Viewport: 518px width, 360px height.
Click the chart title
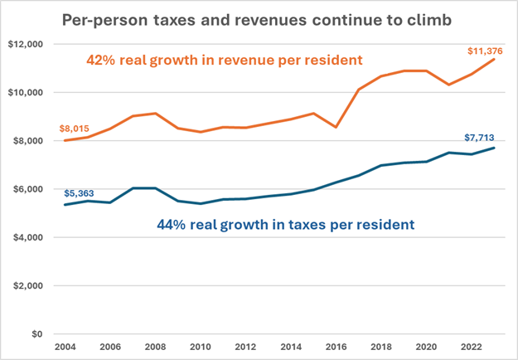257,21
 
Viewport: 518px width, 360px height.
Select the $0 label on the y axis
37,334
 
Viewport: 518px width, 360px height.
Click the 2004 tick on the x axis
65,348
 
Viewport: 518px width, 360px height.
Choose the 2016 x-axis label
336,348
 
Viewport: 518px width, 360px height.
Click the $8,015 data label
75,129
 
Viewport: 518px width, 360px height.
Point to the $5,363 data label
79,193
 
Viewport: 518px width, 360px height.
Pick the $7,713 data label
479,138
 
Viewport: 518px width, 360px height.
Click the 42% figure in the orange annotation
101,61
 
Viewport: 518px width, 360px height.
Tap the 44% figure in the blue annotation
172,225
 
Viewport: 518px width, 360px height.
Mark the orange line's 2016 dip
336,127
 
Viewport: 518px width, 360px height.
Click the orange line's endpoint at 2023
494,59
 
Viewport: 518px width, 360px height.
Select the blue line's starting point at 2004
65,205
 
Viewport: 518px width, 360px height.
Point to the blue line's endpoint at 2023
494,148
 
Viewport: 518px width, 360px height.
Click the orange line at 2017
359,90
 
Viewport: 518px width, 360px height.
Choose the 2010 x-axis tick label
201,348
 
